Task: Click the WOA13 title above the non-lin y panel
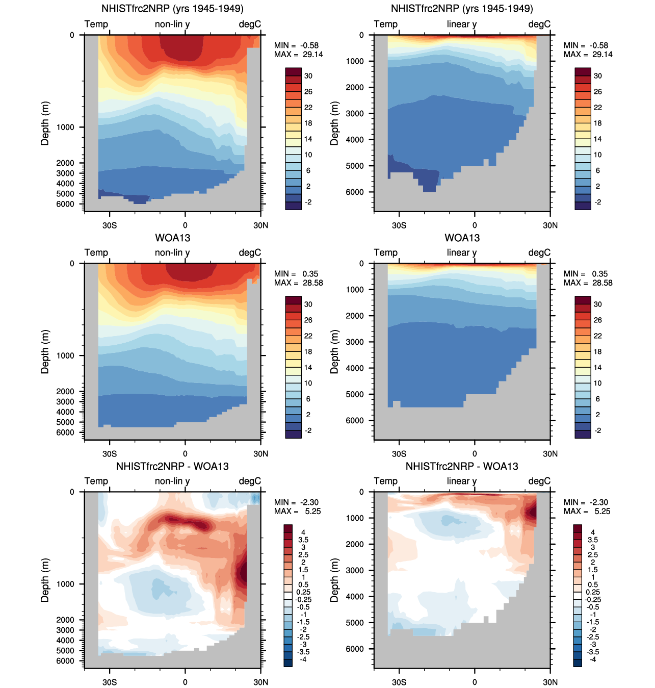point(173,238)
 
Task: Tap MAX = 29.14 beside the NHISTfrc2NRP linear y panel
point(588,55)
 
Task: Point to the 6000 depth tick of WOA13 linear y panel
point(355,421)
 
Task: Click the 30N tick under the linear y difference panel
point(550,682)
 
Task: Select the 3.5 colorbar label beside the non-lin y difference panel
point(303,540)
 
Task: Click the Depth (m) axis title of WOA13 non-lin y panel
point(45,352)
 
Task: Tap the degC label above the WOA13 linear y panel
point(539,252)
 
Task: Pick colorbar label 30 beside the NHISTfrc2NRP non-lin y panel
point(308,76)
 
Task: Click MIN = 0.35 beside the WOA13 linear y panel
point(586,274)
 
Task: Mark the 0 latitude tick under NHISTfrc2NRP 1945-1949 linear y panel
point(475,225)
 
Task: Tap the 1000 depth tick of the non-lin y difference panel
point(65,584)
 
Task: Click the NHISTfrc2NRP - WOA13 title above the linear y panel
point(462,466)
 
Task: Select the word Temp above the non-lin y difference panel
point(96,481)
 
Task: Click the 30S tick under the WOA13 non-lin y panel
point(110,453)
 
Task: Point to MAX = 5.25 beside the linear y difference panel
point(587,511)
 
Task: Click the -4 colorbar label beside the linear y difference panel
point(593,659)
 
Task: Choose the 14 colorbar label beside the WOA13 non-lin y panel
point(308,367)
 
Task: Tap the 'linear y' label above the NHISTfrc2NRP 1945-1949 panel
point(462,24)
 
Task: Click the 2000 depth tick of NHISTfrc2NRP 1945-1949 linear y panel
point(355,87)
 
